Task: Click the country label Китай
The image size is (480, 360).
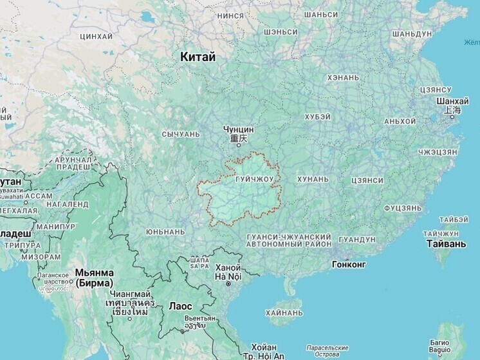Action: pos(198,57)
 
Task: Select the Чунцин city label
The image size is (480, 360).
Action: pos(235,129)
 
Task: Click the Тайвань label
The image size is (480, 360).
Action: pos(446,244)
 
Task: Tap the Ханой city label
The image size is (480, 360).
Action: pos(228,268)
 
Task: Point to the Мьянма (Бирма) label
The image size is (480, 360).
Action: pos(95,278)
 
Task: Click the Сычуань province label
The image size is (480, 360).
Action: pos(181,135)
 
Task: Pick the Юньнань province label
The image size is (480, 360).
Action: pos(165,231)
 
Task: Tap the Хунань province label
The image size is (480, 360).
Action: pos(313,179)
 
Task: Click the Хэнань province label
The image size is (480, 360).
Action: pos(343,78)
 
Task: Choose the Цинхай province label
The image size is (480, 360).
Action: pos(97,37)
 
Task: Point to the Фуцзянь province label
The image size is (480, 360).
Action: pos(403,209)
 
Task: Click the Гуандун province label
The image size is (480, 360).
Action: pos(356,240)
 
